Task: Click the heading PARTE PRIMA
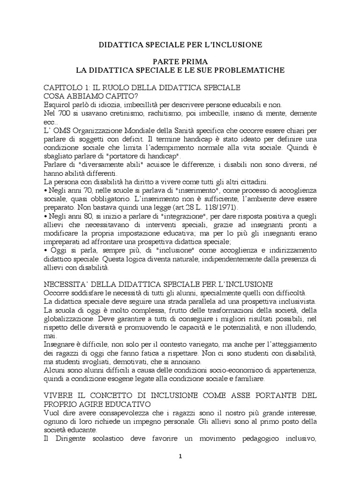click(x=180, y=61)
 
